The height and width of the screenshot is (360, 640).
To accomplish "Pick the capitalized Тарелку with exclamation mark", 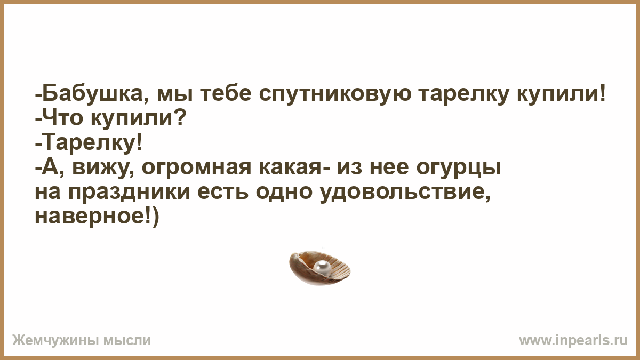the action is click(91, 144).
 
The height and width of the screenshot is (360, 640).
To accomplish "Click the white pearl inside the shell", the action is click(322, 268).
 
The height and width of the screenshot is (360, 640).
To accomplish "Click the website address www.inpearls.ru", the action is click(573, 341).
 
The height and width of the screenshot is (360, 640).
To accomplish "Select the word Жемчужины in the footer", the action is click(56, 341).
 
